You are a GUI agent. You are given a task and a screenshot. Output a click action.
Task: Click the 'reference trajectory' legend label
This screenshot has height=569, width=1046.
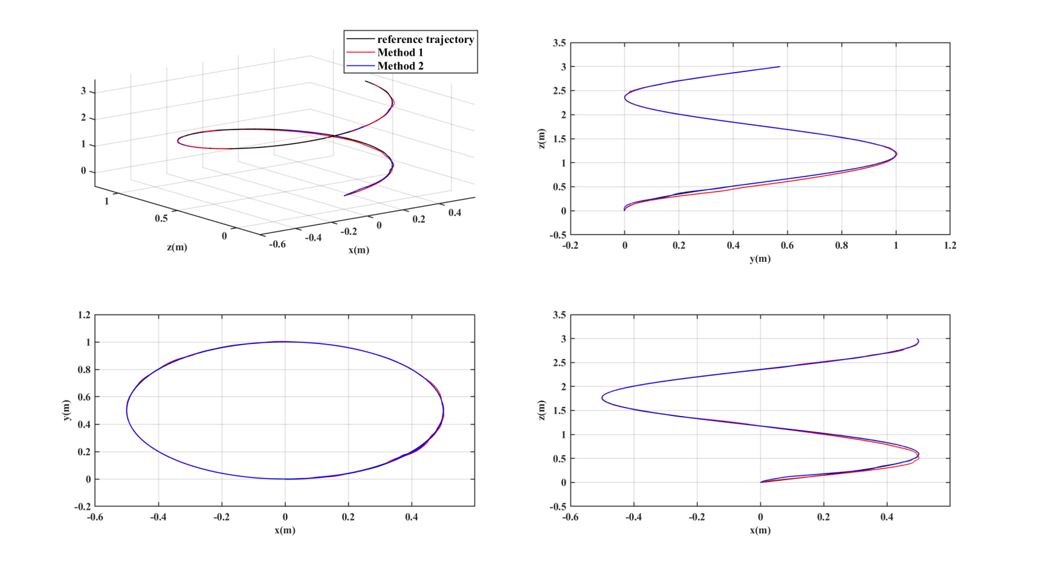pos(425,39)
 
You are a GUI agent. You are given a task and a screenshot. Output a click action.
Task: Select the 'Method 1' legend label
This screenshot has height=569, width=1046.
pos(400,53)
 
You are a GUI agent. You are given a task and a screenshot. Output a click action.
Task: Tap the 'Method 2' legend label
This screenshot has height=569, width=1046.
pos(400,66)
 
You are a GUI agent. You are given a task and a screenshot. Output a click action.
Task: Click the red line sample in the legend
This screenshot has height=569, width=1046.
pos(361,53)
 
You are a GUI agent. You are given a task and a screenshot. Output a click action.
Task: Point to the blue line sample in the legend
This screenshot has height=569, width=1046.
pos(361,66)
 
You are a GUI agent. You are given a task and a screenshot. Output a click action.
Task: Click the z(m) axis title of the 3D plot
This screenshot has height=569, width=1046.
pos(177,247)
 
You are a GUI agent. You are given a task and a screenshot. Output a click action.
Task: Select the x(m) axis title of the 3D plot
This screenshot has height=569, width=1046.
pos(358,250)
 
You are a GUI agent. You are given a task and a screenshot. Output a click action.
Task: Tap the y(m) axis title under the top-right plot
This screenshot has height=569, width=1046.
pos(760,259)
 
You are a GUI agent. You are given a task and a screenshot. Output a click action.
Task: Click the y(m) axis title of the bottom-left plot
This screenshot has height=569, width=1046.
pos(66,410)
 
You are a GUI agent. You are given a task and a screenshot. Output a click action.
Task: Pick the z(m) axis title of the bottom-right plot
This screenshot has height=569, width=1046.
pos(541,410)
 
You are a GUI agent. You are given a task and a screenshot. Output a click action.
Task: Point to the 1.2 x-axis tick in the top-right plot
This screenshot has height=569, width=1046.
pos(949,245)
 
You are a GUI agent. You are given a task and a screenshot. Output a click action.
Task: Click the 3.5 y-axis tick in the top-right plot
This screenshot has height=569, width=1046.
pos(559,43)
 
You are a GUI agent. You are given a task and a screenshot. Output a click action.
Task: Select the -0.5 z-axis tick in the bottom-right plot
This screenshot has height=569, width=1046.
pos(557,507)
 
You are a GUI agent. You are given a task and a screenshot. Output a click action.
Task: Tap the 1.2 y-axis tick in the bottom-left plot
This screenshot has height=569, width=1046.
pos(84,315)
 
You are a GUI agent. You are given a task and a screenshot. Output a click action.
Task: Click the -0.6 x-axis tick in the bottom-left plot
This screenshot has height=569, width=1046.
pos(95,518)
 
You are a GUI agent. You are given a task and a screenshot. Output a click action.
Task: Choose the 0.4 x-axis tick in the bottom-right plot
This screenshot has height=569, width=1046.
pos(886,518)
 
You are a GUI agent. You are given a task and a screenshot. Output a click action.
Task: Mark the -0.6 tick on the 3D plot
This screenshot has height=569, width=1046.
pos(277,244)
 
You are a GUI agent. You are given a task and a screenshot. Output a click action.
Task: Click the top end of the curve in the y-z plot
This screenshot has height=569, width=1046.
pos(780,67)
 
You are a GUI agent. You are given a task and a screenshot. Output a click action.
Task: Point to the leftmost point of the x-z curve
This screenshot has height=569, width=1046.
pos(602,397)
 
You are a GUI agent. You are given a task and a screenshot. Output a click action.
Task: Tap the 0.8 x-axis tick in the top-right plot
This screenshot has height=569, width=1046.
pos(841,245)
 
